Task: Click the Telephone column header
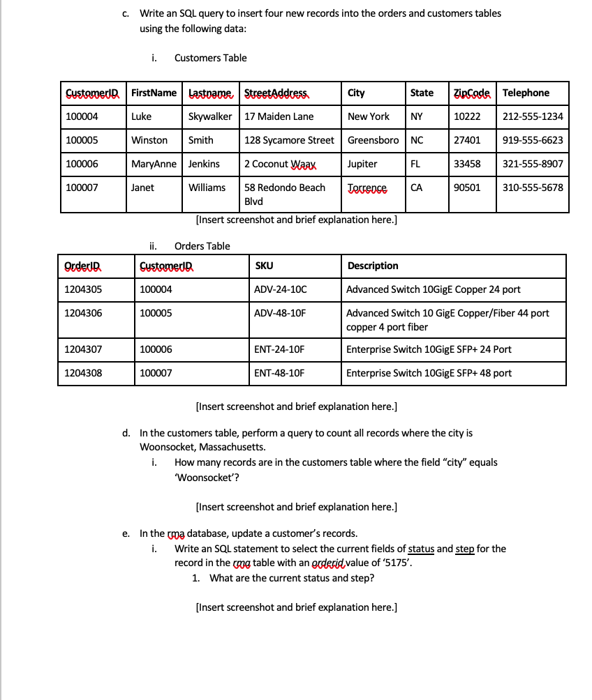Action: (526, 93)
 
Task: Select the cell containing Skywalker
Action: (210, 116)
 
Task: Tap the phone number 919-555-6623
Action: (533, 140)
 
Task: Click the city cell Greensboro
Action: (373, 140)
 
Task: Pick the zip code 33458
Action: (467, 164)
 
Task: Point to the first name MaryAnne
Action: (154, 164)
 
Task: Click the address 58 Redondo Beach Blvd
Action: (284, 194)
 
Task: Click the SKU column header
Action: (264, 266)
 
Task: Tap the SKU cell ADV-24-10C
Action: (280, 289)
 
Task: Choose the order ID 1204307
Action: (83, 349)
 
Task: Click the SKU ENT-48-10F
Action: (279, 373)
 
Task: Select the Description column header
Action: (373, 266)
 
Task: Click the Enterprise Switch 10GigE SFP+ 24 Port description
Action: (429, 349)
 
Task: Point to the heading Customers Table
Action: (210, 58)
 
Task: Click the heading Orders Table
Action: (202, 246)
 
